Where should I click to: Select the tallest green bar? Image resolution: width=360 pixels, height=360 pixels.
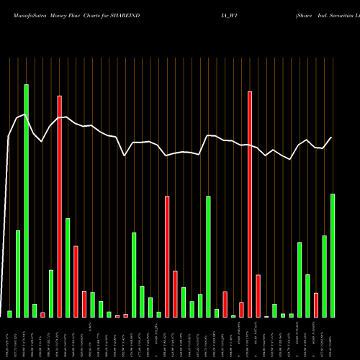(27, 201)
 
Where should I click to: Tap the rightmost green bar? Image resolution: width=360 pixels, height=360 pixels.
(333, 256)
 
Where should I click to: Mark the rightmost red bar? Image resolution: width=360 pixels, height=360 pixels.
(316, 305)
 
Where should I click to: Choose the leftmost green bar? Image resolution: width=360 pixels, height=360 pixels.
(10, 314)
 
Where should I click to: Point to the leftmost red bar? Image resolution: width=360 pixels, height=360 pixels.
(43, 315)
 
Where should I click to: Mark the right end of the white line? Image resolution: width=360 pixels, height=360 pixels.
(332, 137)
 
